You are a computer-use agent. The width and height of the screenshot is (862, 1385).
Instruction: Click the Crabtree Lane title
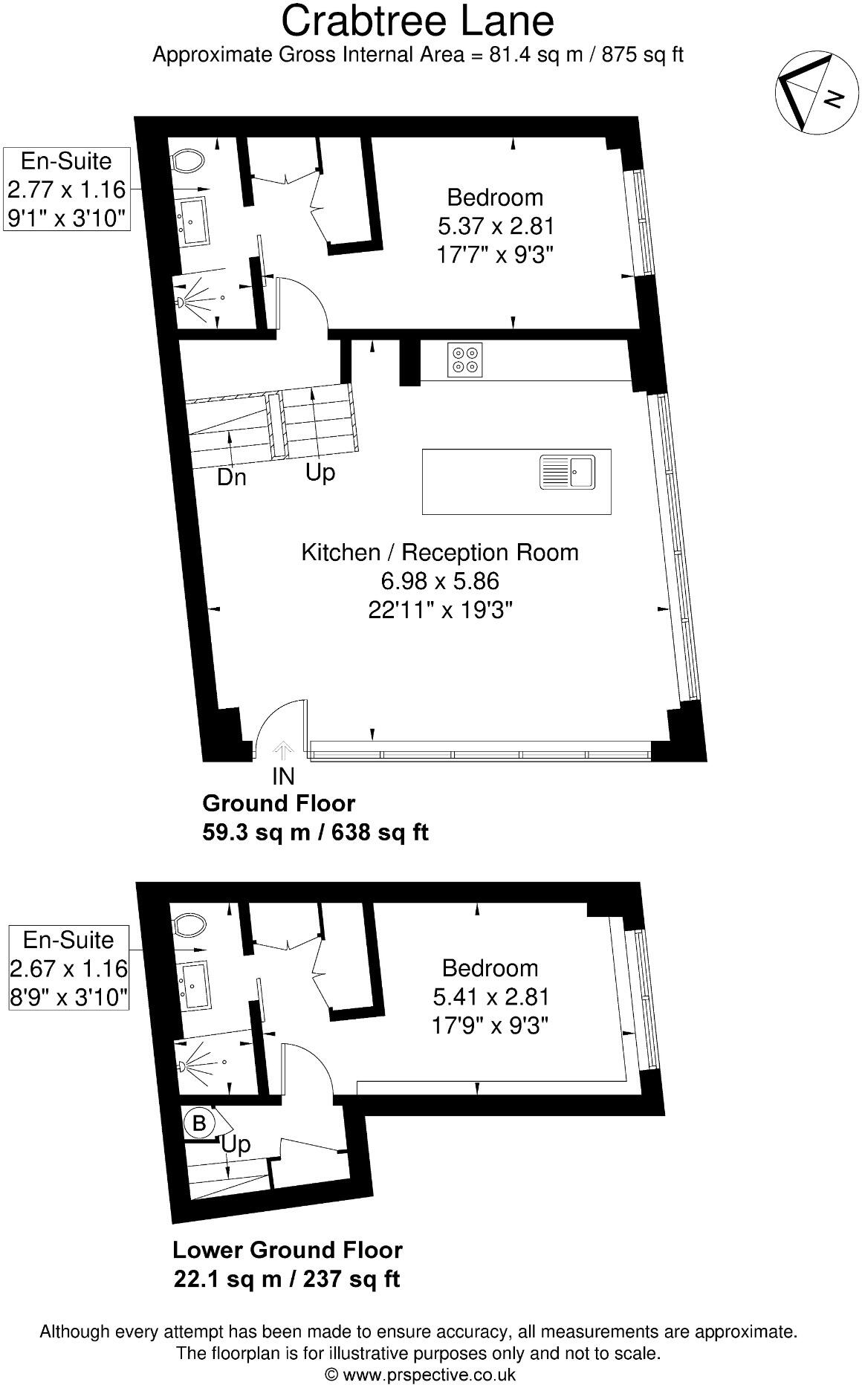pos(417,21)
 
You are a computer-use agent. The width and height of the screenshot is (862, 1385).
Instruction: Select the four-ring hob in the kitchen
pos(465,360)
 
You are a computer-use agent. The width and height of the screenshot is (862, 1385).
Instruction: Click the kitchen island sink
pos(567,472)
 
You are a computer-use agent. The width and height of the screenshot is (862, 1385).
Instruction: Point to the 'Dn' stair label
pos(232,478)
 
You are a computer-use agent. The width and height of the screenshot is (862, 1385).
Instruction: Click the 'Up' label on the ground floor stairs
pos(320,473)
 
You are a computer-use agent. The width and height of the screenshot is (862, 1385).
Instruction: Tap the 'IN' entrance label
pos(283,776)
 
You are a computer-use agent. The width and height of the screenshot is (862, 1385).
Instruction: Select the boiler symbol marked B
pos(199,1123)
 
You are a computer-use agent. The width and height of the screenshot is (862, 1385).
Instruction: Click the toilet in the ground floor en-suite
pos(188,159)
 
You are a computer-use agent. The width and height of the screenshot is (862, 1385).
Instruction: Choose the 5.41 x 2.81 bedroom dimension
pos(490,996)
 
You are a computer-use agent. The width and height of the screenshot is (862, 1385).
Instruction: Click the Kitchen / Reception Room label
pos(439,553)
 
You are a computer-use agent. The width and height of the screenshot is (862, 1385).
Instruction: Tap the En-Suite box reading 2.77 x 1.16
pos(66,189)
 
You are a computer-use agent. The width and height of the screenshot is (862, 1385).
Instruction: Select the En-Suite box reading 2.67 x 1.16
pos(68,968)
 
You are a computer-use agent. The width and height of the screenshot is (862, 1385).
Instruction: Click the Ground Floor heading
pos(279,803)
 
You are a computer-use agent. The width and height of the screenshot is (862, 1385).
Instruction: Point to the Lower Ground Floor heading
pos(288,1250)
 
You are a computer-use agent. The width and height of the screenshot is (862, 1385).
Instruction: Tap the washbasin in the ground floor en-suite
pos(192,221)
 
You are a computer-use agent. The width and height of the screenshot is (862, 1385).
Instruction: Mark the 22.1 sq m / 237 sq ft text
pos(287,1279)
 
